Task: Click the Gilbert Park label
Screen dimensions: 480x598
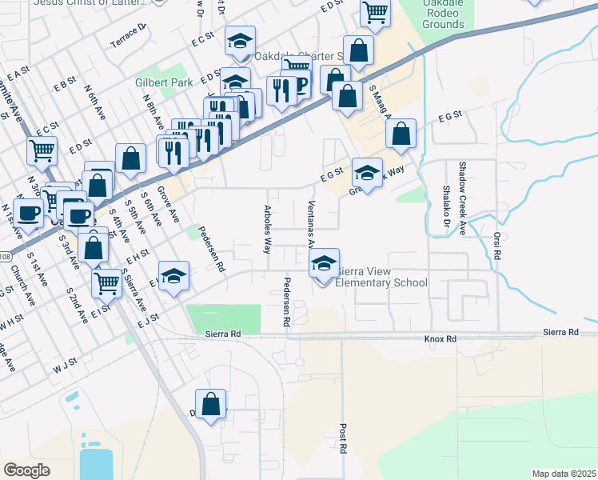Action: pyautogui.click(x=160, y=82)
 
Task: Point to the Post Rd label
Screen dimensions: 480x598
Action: pyautogui.click(x=342, y=438)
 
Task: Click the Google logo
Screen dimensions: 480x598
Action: pyautogui.click(x=26, y=470)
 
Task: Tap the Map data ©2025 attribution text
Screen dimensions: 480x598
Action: pyautogui.click(x=564, y=474)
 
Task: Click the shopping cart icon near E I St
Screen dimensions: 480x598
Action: pyautogui.click(x=108, y=282)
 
